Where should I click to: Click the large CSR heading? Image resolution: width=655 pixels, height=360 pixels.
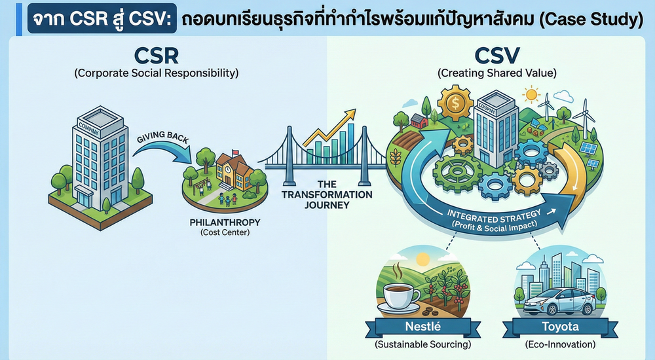click(157, 54)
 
